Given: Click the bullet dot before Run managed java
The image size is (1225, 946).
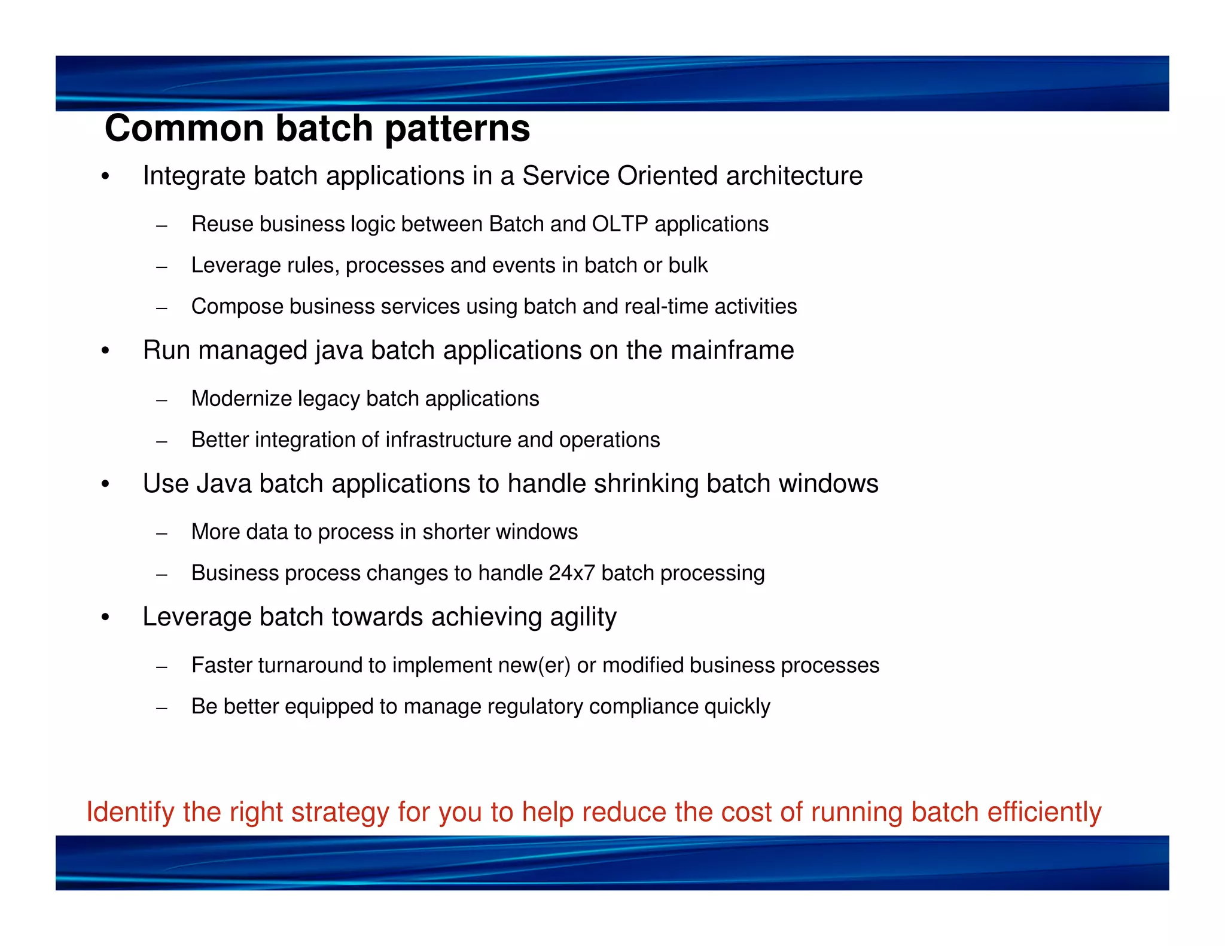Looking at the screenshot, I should (x=105, y=352).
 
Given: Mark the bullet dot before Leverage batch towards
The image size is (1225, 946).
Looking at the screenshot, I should (x=105, y=618).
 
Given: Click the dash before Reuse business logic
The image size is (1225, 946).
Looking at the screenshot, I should (x=161, y=226).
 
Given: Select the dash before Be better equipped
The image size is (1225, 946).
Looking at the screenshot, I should (x=161, y=709).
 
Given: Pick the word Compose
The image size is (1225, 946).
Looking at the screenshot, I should (x=237, y=307).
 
